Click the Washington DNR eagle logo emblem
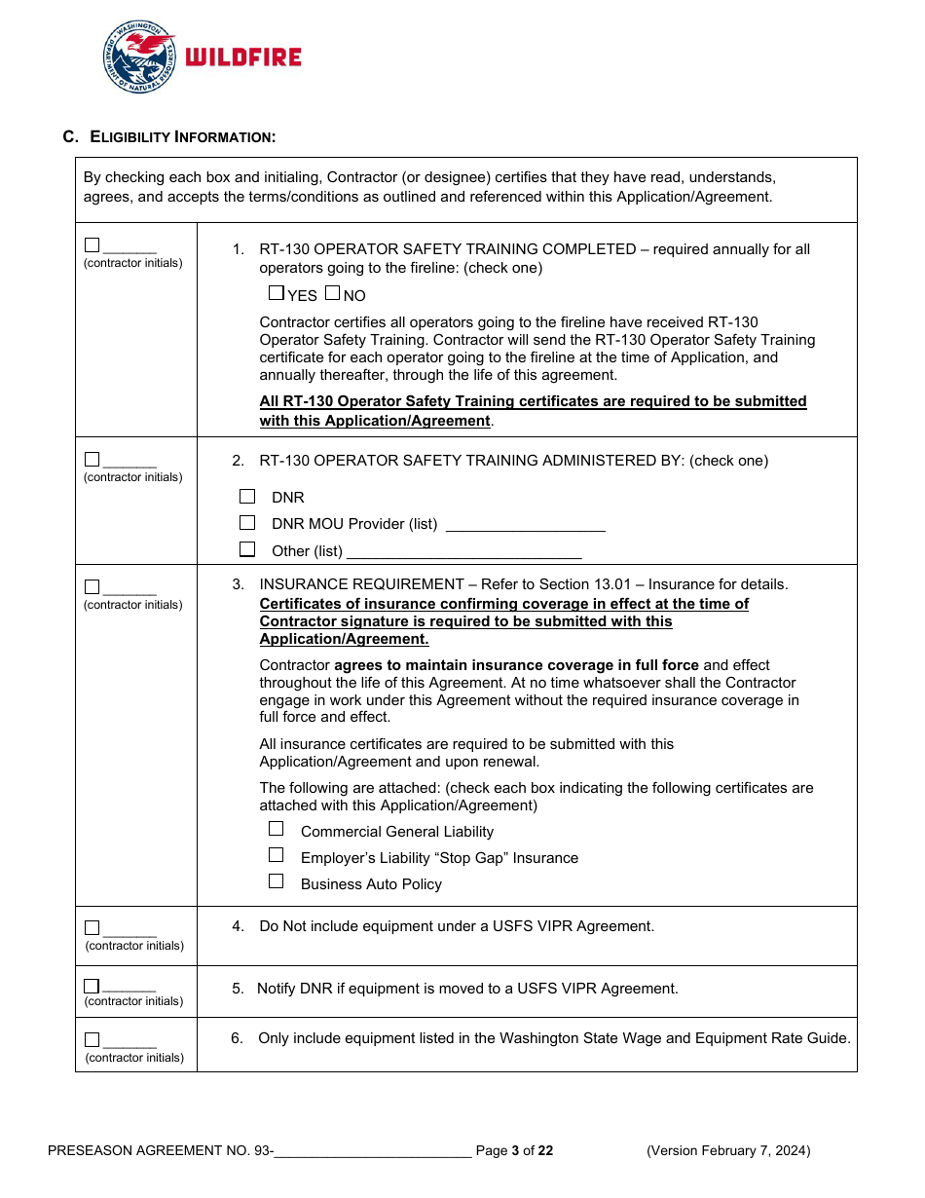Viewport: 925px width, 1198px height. coord(139,57)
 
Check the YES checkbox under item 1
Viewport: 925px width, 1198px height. coord(276,293)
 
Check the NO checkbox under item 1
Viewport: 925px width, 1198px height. coord(332,293)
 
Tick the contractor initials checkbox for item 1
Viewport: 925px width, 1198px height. coord(92,245)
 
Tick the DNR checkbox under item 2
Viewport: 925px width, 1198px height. coord(247,497)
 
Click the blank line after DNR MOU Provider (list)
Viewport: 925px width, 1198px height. coord(525,526)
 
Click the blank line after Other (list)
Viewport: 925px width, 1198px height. coord(463,552)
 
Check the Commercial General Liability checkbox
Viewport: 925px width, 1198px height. coord(277,829)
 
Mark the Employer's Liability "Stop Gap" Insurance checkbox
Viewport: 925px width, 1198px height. coord(277,855)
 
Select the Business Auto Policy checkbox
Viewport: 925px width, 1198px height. coord(277,881)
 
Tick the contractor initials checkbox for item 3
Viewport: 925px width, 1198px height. coord(92,587)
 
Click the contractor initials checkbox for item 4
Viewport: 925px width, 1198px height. coord(92,928)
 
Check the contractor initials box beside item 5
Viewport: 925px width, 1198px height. coord(92,986)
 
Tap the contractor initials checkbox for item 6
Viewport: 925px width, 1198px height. coord(92,1039)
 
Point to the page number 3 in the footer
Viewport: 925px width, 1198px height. coord(516,1151)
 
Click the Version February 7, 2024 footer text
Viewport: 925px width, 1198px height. coord(728,1151)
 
